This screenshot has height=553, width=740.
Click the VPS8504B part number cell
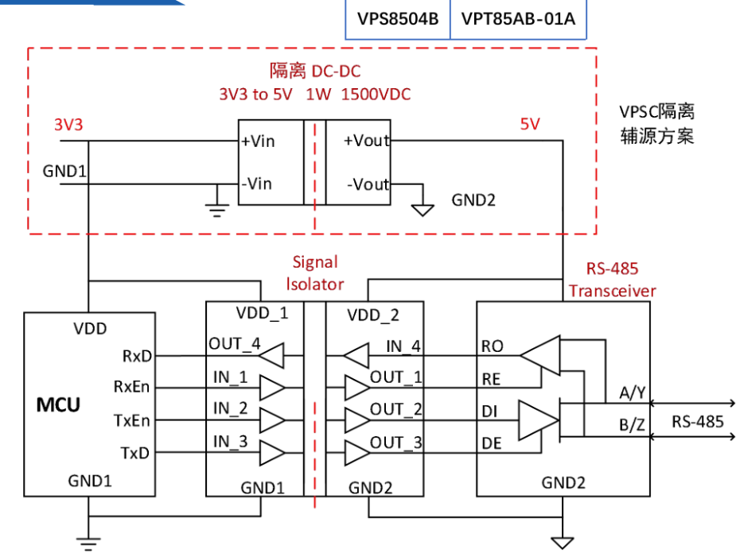(x=398, y=19)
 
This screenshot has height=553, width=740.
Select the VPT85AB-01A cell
(x=518, y=19)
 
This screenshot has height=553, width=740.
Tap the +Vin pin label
(x=258, y=141)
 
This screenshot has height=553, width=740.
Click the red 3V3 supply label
(x=68, y=125)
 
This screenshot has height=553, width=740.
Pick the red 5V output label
(x=529, y=124)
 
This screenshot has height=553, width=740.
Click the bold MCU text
(x=59, y=404)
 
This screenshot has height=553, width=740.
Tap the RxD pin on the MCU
(x=137, y=356)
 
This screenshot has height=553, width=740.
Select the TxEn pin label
(x=131, y=420)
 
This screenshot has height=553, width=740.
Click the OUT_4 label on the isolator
(x=235, y=344)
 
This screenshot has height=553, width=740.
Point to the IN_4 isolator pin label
(x=403, y=346)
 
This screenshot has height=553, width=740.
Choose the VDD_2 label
(x=373, y=315)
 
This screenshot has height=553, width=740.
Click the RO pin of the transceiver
(x=493, y=346)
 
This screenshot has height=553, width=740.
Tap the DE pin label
(x=491, y=443)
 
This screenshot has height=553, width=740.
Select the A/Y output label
(x=633, y=393)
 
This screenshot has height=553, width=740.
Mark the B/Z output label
(x=632, y=424)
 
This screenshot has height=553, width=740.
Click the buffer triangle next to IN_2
(x=272, y=420)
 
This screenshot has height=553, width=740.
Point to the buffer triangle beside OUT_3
(x=357, y=453)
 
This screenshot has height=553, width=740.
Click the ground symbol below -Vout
(x=423, y=210)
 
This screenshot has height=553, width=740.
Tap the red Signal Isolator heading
(x=315, y=273)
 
